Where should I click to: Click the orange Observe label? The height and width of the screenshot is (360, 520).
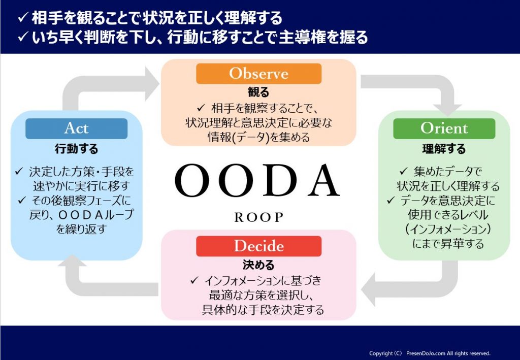tap(258, 74)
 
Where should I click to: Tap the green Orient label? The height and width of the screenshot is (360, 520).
tap(444, 128)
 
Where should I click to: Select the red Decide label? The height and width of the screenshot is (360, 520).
tap(258, 246)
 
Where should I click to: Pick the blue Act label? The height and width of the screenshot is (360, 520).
tap(76, 128)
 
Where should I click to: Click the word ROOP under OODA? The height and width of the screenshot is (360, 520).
tap(258, 217)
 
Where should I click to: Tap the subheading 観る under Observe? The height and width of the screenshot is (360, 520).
tap(258, 92)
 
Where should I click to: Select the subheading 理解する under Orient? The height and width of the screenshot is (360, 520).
tap(444, 149)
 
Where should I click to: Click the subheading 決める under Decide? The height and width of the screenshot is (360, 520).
tap(258, 265)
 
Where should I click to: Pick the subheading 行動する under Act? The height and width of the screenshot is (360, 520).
tap(76, 149)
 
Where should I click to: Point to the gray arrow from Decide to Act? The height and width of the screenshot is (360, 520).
tap(102, 284)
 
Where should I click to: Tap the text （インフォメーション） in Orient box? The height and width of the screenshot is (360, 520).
tap(444, 230)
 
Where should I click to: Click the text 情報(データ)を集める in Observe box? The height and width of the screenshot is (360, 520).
tap(258, 137)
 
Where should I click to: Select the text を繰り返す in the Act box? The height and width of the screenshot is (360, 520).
tap(81, 229)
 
